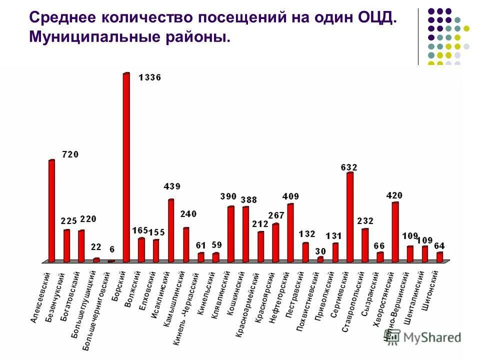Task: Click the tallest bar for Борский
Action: point(126,167)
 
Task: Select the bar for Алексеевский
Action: point(51,210)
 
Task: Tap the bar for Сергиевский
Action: point(350,217)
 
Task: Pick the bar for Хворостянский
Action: point(395,232)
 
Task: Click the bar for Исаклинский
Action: point(171,230)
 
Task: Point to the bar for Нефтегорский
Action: point(290,232)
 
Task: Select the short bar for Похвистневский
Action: point(320,259)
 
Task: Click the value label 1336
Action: point(149,77)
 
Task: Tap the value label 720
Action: point(70,155)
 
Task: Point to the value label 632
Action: point(349,167)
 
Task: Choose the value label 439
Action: point(172,186)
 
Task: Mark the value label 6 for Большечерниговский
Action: point(111,249)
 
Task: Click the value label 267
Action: point(275,215)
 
